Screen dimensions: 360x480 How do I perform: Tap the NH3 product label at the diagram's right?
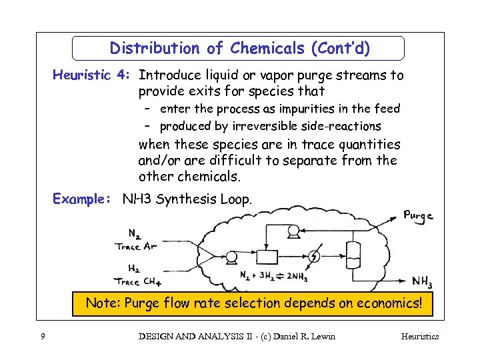tap(421, 281)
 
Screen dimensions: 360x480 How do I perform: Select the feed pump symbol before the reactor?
tap(233, 256)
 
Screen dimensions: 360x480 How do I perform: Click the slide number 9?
tap(43, 337)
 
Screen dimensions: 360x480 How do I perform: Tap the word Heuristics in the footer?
tap(419, 337)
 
